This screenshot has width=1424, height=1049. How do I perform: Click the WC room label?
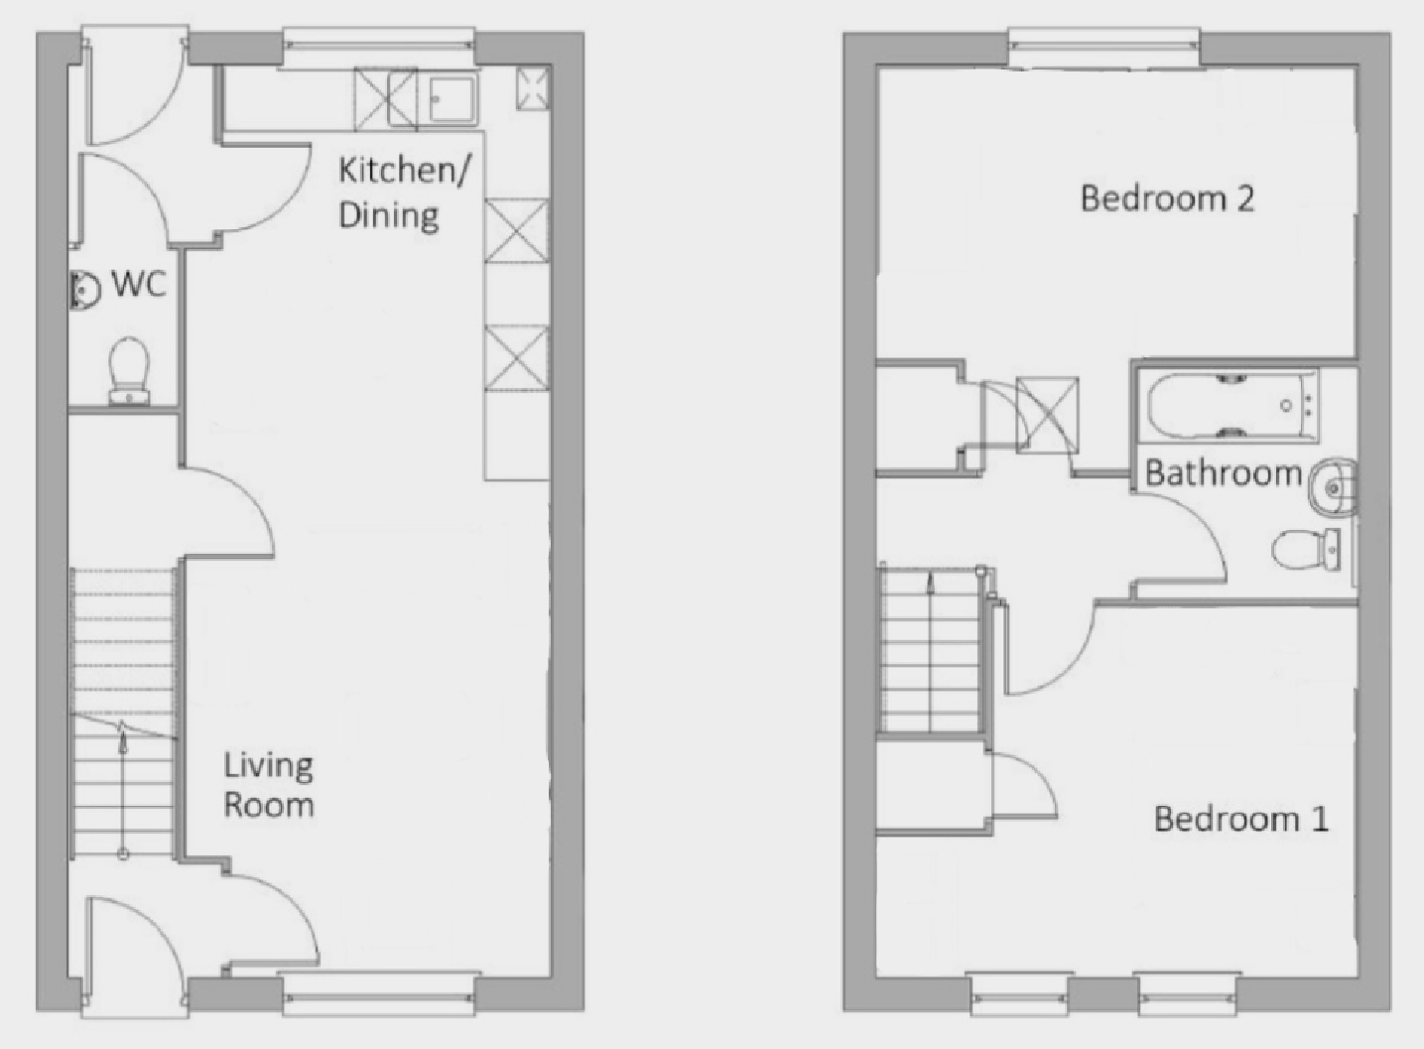[139, 284]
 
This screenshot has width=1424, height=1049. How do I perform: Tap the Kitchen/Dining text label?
[404, 194]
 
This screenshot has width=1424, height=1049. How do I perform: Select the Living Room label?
[268, 785]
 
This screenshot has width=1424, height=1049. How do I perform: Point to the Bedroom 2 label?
[1167, 198]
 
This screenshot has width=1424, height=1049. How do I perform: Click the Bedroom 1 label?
[1240, 819]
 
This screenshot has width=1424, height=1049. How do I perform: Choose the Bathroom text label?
[1224, 473]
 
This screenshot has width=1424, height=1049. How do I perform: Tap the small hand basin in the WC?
[84, 291]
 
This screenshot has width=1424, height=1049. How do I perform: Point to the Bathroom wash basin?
[1333, 487]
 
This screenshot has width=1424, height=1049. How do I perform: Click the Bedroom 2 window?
[1104, 47]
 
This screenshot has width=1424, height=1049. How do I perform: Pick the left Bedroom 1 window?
[1019, 994]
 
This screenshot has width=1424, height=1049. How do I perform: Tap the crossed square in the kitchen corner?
[533, 87]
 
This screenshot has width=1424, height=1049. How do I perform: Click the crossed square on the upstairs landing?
[1047, 415]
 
